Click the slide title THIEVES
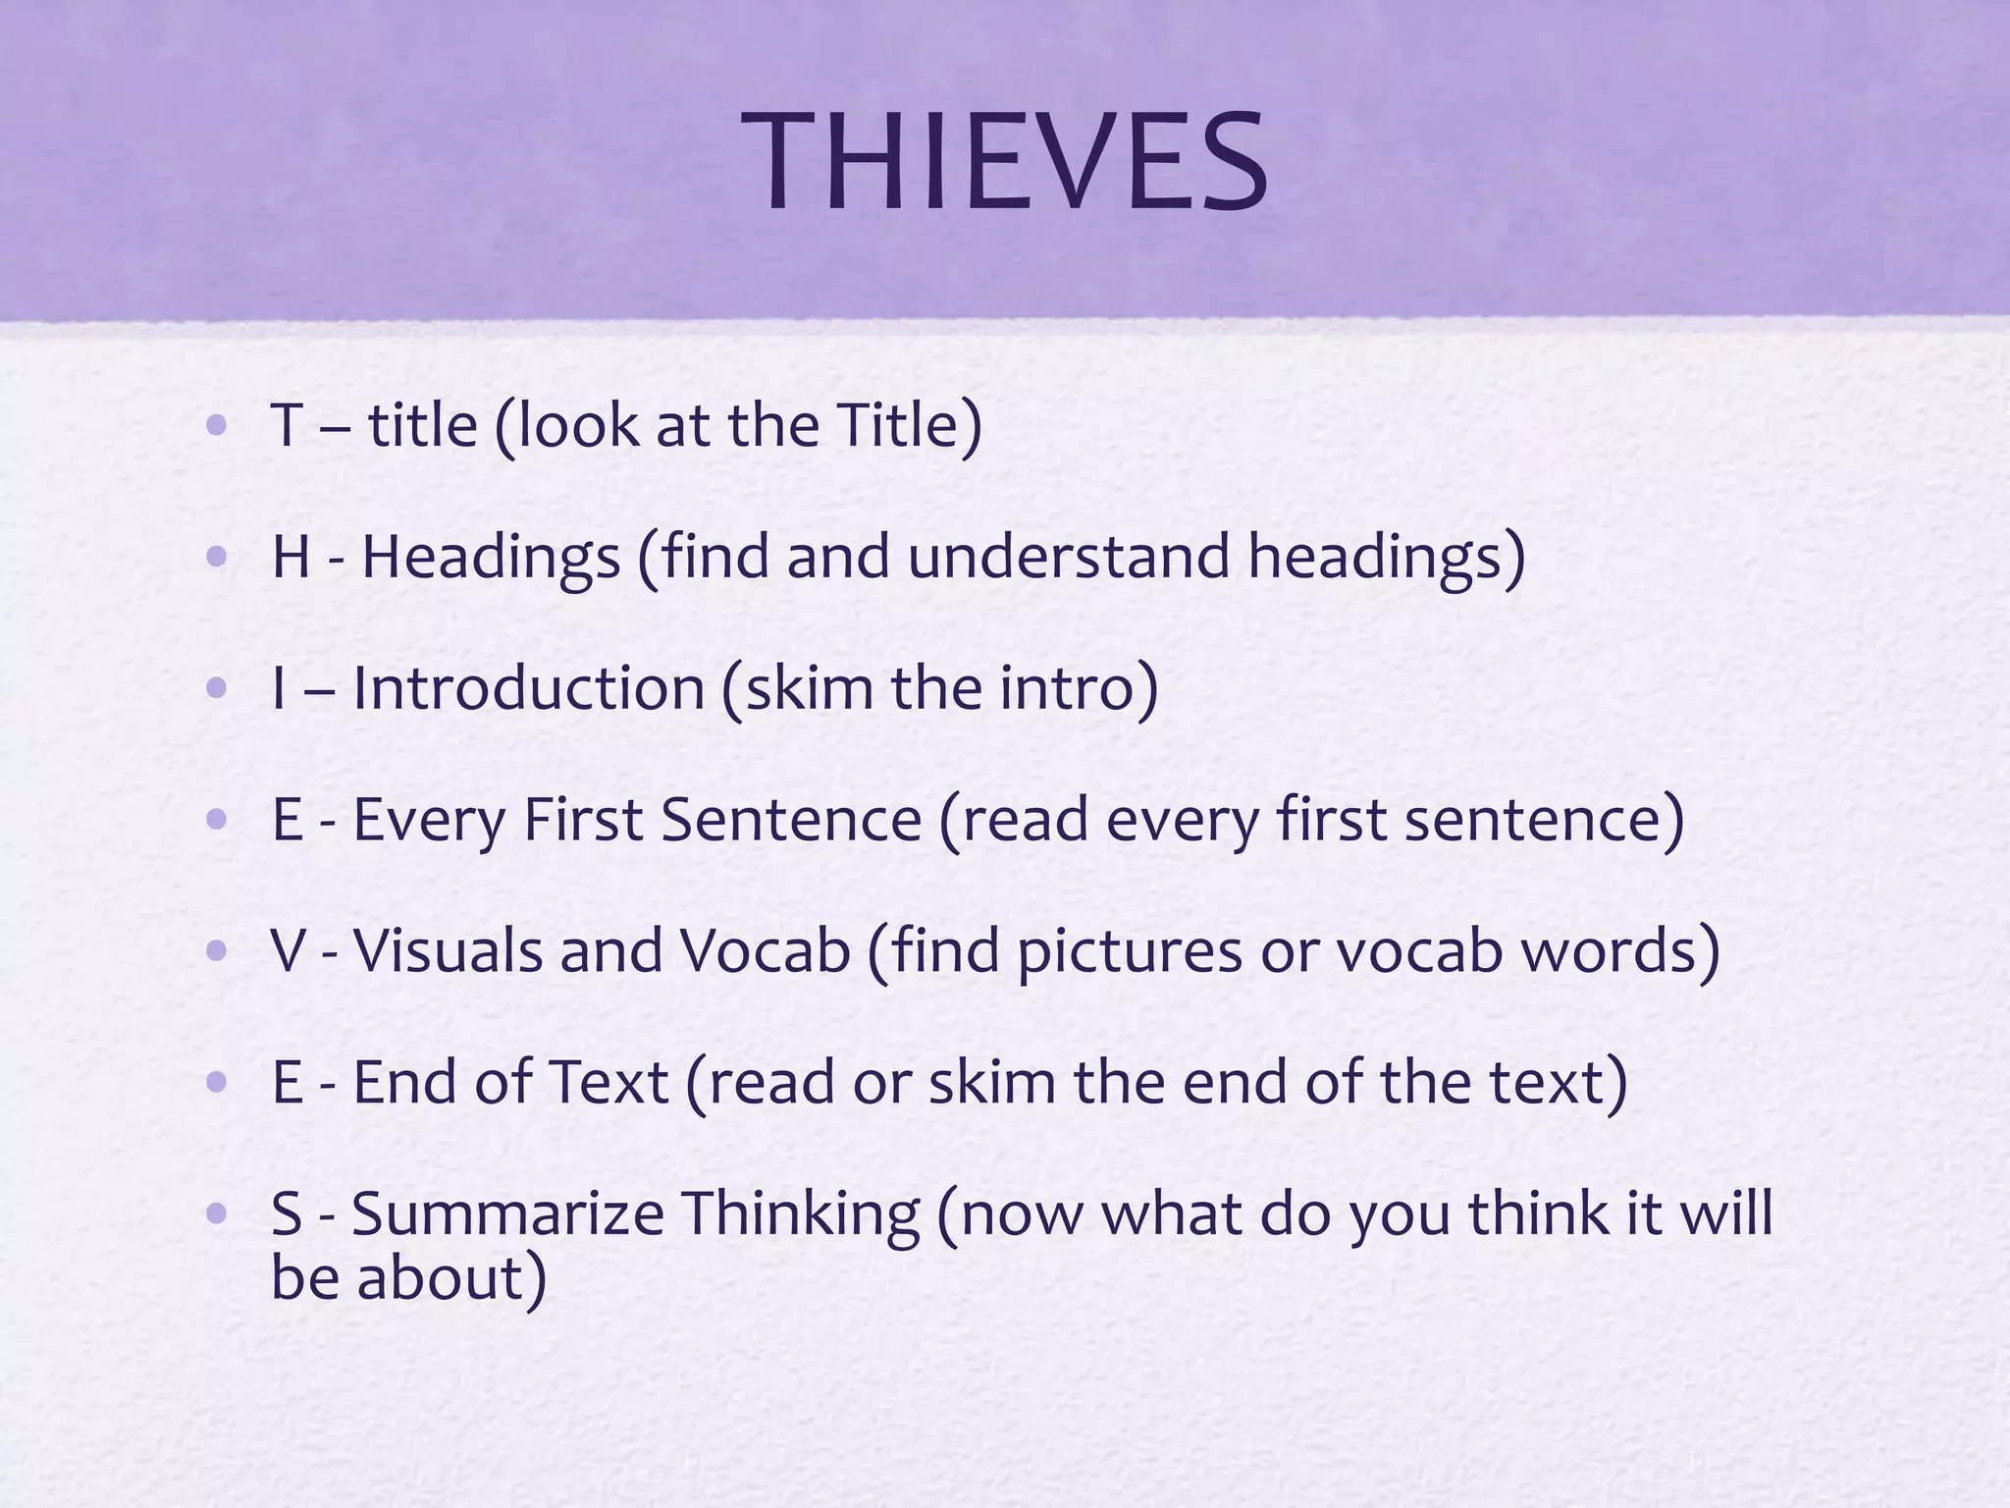(1005, 162)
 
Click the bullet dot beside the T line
(217, 426)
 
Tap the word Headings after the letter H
(491, 558)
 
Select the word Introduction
(528, 687)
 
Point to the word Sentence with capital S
(791, 819)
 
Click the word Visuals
(448, 950)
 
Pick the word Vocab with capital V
(766, 950)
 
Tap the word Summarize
(507, 1213)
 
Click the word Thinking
(801, 1213)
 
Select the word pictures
(1130, 952)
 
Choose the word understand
(1068, 557)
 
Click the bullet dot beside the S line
(217, 1214)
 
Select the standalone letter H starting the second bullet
(291, 557)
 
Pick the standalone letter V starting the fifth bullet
(289, 950)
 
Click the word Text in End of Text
(608, 1082)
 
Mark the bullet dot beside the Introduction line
(217, 688)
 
